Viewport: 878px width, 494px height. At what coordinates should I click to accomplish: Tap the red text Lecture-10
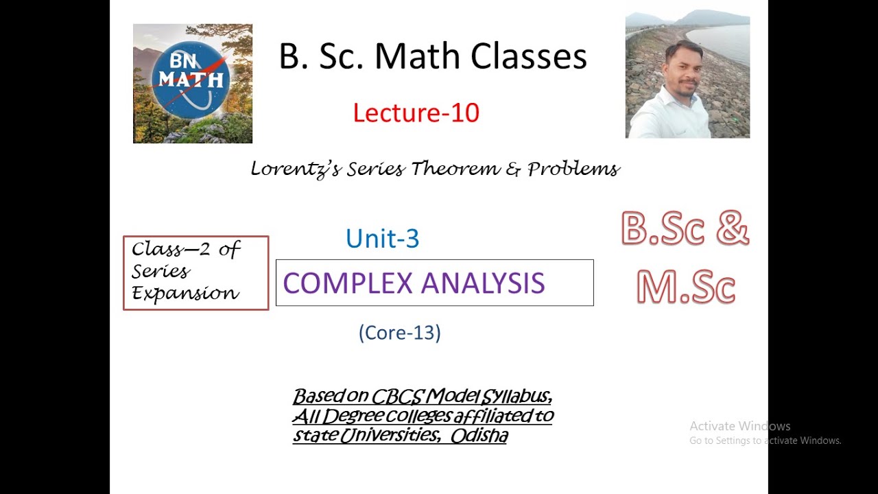tap(416, 113)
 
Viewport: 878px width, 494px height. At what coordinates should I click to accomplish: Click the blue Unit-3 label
tap(382, 239)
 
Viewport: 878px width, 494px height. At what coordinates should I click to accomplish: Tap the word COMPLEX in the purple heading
tap(346, 283)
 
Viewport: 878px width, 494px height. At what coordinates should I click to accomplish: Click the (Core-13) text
tap(399, 333)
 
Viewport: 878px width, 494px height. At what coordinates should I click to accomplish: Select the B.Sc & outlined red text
tap(685, 230)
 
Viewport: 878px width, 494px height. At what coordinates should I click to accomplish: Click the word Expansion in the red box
tap(185, 294)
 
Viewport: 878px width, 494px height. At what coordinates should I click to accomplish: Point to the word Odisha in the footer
tap(479, 436)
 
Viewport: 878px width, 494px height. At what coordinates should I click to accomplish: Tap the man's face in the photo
tap(684, 66)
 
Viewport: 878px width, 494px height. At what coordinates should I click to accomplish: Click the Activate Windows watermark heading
tap(739, 426)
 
